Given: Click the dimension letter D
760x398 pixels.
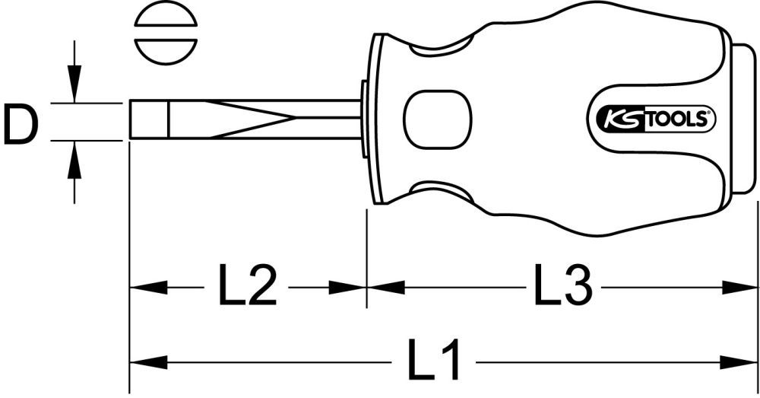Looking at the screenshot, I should tap(20, 126).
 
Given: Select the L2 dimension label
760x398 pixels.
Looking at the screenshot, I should tap(248, 288).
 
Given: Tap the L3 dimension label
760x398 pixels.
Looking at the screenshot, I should tap(562, 288).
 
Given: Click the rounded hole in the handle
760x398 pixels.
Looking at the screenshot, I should tap(437, 120).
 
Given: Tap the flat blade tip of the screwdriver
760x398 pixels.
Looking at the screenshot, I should tap(148, 120).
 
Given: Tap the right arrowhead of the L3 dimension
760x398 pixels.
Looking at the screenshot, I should tap(740, 288).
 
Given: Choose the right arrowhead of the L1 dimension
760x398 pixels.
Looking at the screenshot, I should tap(740, 359).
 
